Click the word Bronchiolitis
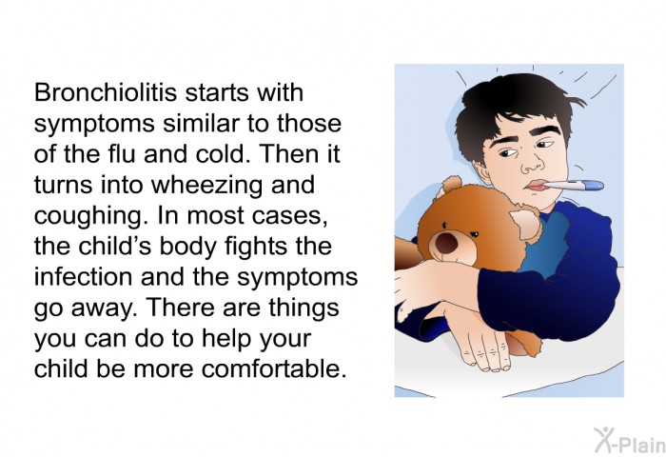tap(105, 92)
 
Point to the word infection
tap(84, 276)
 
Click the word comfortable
tap(274, 368)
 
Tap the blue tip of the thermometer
tap(595, 185)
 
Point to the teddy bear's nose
tap(447, 243)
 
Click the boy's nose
tap(533, 166)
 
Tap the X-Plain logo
tap(630, 441)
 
